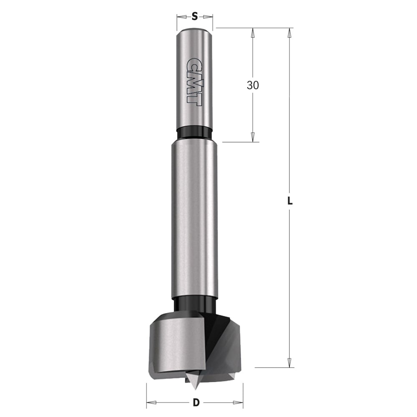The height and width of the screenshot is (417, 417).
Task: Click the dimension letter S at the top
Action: tap(195, 17)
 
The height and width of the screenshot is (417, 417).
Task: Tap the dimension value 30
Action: tap(253, 85)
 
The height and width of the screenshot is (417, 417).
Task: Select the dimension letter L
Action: tap(290, 201)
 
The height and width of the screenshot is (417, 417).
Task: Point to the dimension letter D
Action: tap(196, 403)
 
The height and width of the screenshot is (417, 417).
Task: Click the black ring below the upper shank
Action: tap(195, 133)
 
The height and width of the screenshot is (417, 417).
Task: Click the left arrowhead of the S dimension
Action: tap(182, 17)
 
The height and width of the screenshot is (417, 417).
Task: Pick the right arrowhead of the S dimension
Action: tap(208, 17)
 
